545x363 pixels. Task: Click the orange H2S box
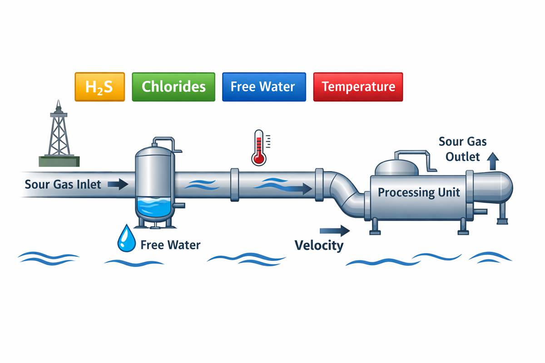pos(99,87)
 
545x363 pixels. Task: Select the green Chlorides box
pos(173,87)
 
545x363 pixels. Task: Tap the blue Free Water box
pos(264,87)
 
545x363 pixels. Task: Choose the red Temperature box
pos(358,87)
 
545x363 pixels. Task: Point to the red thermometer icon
pos(259,147)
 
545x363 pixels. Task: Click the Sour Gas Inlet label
pos(63,185)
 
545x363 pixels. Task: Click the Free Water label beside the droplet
pos(170,245)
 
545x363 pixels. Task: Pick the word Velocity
pos(319,245)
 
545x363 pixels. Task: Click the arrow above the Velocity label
pos(335,231)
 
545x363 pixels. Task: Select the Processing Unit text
pos(419,192)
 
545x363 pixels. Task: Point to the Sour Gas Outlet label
pos(462,149)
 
